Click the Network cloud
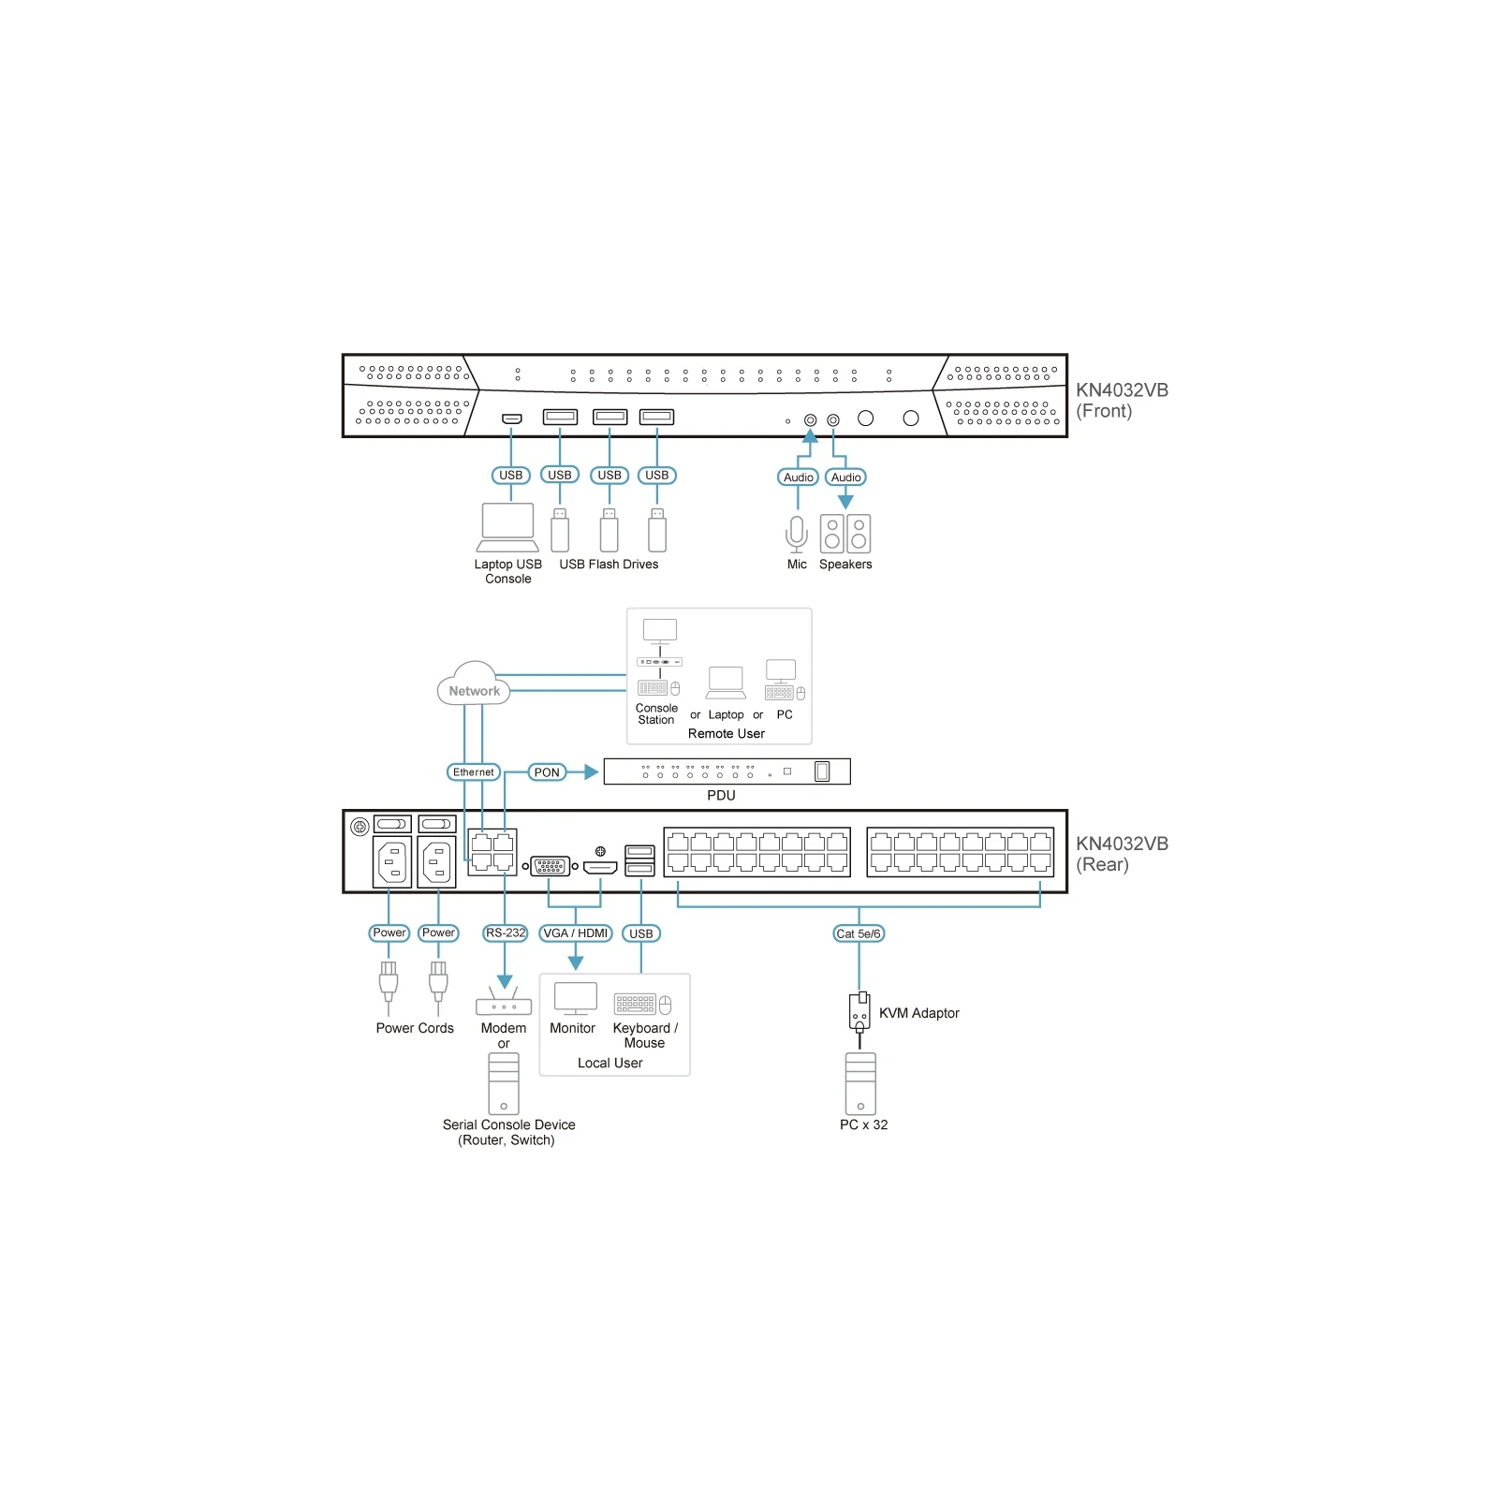coord(474,684)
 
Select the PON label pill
coord(547,772)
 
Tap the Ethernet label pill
coord(474,772)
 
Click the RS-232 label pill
coord(506,933)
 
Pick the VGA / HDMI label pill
coord(576,933)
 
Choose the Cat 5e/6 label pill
coord(859,933)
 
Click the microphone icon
coord(797,534)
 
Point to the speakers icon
coord(845,534)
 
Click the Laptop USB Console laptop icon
coord(508,527)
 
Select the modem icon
coord(504,1001)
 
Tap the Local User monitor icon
coord(576,999)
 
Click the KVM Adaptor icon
coord(859,1012)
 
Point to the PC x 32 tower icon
coord(860,1083)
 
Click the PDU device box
coord(727,771)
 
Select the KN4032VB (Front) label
coord(1122,401)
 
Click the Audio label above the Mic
coord(799,477)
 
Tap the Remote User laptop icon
coord(727,683)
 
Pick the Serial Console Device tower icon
coord(504,1083)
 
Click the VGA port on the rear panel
coord(551,866)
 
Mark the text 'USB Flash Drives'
coord(609,565)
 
